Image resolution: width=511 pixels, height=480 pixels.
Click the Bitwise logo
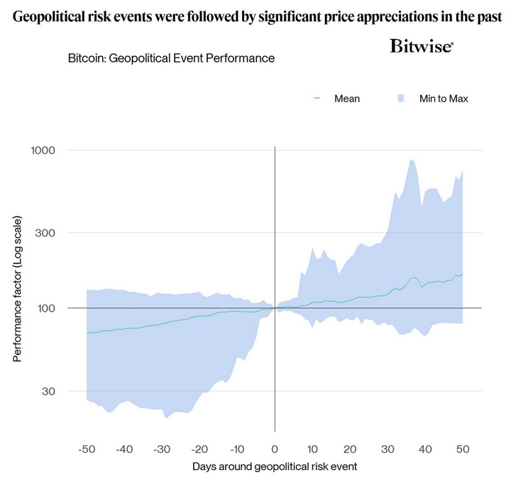tap(422, 47)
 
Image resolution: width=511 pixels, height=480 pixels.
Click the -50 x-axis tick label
tap(86, 449)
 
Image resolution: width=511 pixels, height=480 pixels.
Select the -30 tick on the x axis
tap(161, 449)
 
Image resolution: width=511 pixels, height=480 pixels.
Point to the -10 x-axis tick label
tap(236, 449)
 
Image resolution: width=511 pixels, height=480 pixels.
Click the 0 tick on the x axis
tap(275, 449)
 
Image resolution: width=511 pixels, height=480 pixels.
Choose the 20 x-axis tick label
tap(350, 449)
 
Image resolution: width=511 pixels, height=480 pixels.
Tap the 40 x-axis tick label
tap(425, 449)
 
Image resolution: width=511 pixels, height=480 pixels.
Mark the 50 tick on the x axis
tap(463, 449)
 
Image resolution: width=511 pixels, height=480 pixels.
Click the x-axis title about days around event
tap(274, 467)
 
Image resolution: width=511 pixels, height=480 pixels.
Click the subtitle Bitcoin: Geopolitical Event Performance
tap(171, 58)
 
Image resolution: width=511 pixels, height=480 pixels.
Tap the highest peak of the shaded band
tap(411, 160)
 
